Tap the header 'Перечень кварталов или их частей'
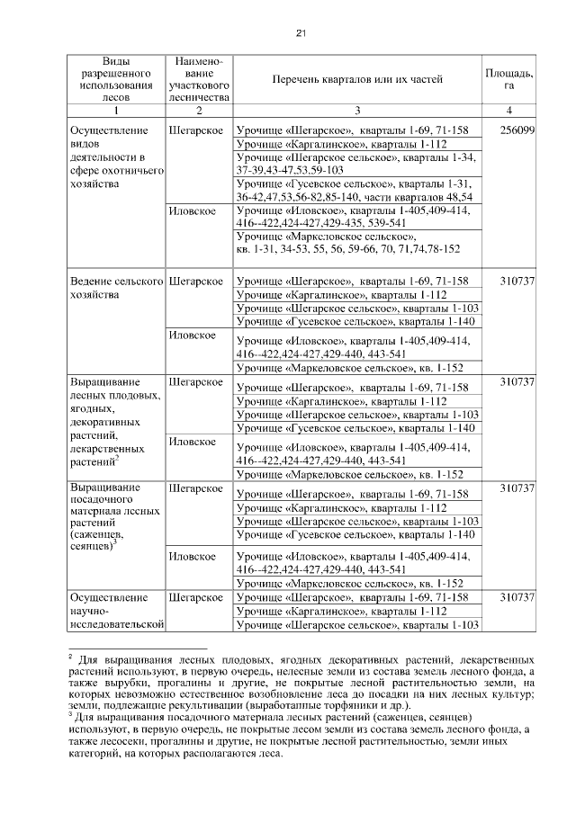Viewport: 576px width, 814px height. tap(357, 79)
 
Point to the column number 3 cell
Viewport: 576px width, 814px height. tap(357, 110)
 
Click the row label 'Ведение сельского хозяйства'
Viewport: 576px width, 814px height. tap(115, 289)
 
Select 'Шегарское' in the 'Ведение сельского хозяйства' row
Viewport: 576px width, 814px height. tap(195, 282)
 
